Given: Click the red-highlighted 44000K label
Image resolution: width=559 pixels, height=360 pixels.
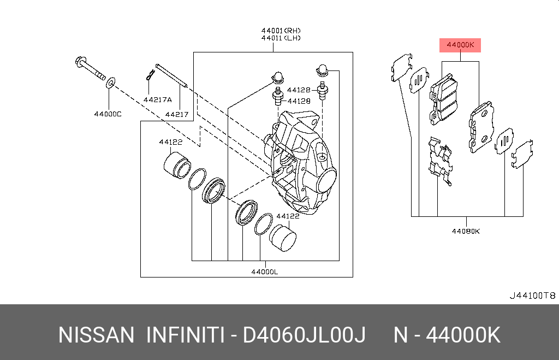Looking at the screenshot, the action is pyautogui.click(x=460, y=45).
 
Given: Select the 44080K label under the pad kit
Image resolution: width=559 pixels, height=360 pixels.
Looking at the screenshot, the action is pyautogui.click(x=466, y=231).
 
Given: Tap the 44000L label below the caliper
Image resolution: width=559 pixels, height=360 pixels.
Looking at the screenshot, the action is pyautogui.click(x=265, y=272).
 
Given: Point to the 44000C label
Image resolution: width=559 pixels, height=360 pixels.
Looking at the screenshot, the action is pyautogui.click(x=108, y=114).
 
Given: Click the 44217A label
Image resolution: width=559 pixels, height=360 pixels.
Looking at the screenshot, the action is pyautogui.click(x=158, y=100).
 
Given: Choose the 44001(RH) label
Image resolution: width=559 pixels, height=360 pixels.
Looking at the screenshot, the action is pyautogui.click(x=281, y=31).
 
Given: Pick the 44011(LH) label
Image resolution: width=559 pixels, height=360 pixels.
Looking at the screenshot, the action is pyautogui.click(x=281, y=38).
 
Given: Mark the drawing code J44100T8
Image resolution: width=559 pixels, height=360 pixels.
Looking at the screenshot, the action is pyautogui.click(x=532, y=296).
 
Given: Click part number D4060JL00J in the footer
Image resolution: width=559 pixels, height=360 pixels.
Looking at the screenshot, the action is pyautogui.click(x=304, y=335).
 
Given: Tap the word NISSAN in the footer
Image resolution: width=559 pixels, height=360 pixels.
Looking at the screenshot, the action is pyautogui.click(x=96, y=335).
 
